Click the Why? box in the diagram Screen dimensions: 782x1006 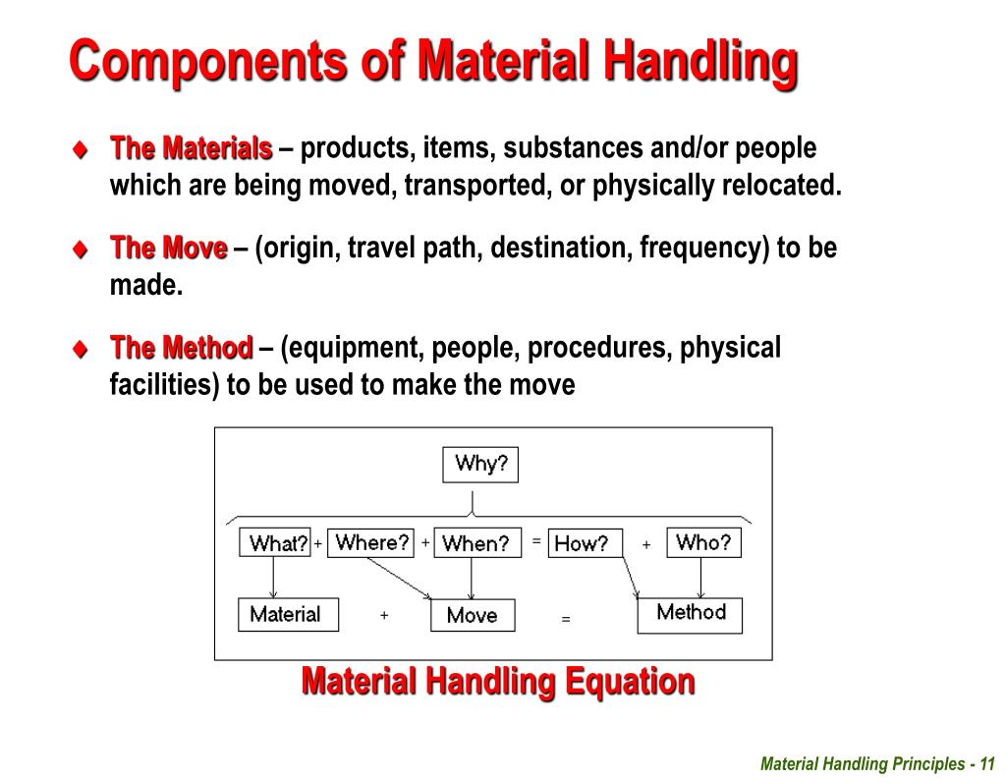pyautogui.click(x=479, y=465)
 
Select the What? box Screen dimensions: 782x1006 pyautogui.click(x=275, y=543)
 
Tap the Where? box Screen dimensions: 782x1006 pyautogui.click(x=370, y=542)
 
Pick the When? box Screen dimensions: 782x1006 pyautogui.click(x=475, y=543)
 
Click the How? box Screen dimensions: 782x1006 pyautogui.click(x=585, y=543)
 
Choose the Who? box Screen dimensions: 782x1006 pyautogui.click(x=703, y=542)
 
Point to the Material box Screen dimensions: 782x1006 pyautogui.click(x=288, y=615)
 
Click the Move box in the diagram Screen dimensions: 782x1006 pyautogui.click(x=473, y=616)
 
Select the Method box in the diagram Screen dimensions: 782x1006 pyautogui.click(x=690, y=614)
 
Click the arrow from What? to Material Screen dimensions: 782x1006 pyautogui.click(x=274, y=578)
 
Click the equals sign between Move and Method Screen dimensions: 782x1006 pyautogui.click(x=566, y=619)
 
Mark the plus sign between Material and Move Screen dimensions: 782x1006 pyautogui.click(x=384, y=615)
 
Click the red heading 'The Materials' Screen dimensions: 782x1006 pyautogui.click(x=192, y=148)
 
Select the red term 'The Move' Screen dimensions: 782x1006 pyautogui.click(x=169, y=248)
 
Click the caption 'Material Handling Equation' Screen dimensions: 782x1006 pyautogui.click(x=498, y=680)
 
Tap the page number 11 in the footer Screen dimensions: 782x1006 pyautogui.click(x=987, y=764)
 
